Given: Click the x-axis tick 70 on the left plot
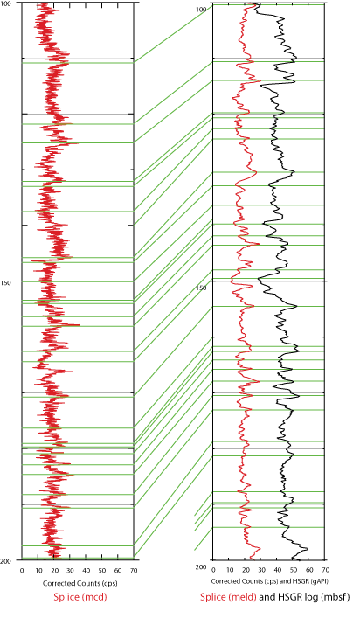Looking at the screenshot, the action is click(x=134, y=570).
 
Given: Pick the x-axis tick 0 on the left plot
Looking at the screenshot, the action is click(x=22, y=570).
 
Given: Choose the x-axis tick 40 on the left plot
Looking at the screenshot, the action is click(x=86, y=570).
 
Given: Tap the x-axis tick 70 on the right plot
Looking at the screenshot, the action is click(x=326, y=570).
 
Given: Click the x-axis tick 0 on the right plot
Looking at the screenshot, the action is click(x=213, y=570).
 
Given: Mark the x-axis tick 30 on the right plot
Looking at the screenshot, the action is click(x=261, y=570).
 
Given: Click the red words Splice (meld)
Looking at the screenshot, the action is click(x=228, y=597).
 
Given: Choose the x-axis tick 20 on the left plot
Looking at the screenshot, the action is click(x=53, y=570).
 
